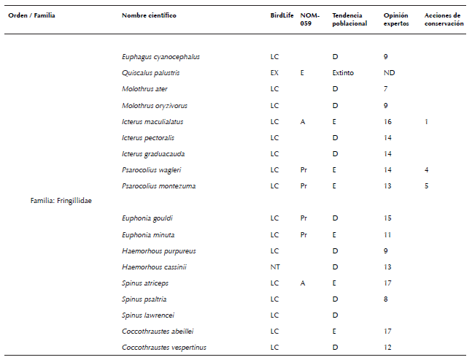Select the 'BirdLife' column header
282,15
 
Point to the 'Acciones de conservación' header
444,19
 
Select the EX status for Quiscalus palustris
274,73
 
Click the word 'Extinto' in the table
343,73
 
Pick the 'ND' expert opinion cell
390,73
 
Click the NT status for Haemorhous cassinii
274,267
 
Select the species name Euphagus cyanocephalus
160,57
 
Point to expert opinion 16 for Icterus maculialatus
387,121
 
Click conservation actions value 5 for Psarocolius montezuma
427,186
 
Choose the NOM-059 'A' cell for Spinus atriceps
303,283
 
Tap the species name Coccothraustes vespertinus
164,348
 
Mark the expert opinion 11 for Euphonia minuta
387,235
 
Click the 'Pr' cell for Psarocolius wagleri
304,170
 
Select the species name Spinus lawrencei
149,315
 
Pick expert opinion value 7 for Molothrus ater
385,89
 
